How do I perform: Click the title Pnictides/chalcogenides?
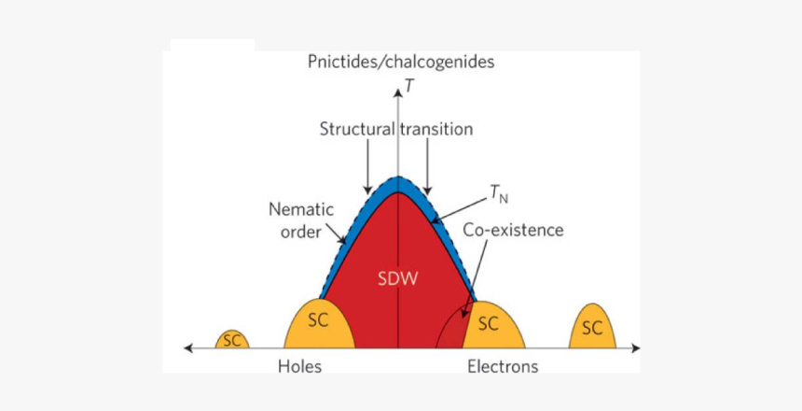pyautogui.click(x=400, y=63)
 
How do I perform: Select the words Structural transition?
pyautogui.click(x=396, y=129)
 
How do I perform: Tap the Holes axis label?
pyautogui.click(x=299, y=366)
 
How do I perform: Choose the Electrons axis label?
pyautogui.click(x=503, y=366)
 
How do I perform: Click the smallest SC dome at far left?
pyautogui.click(x=231, y=340)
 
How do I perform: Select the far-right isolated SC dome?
pyautogui.click(x=591, y=328)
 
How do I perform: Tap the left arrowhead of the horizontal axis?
pyautogui.click(x=189, y=348)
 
